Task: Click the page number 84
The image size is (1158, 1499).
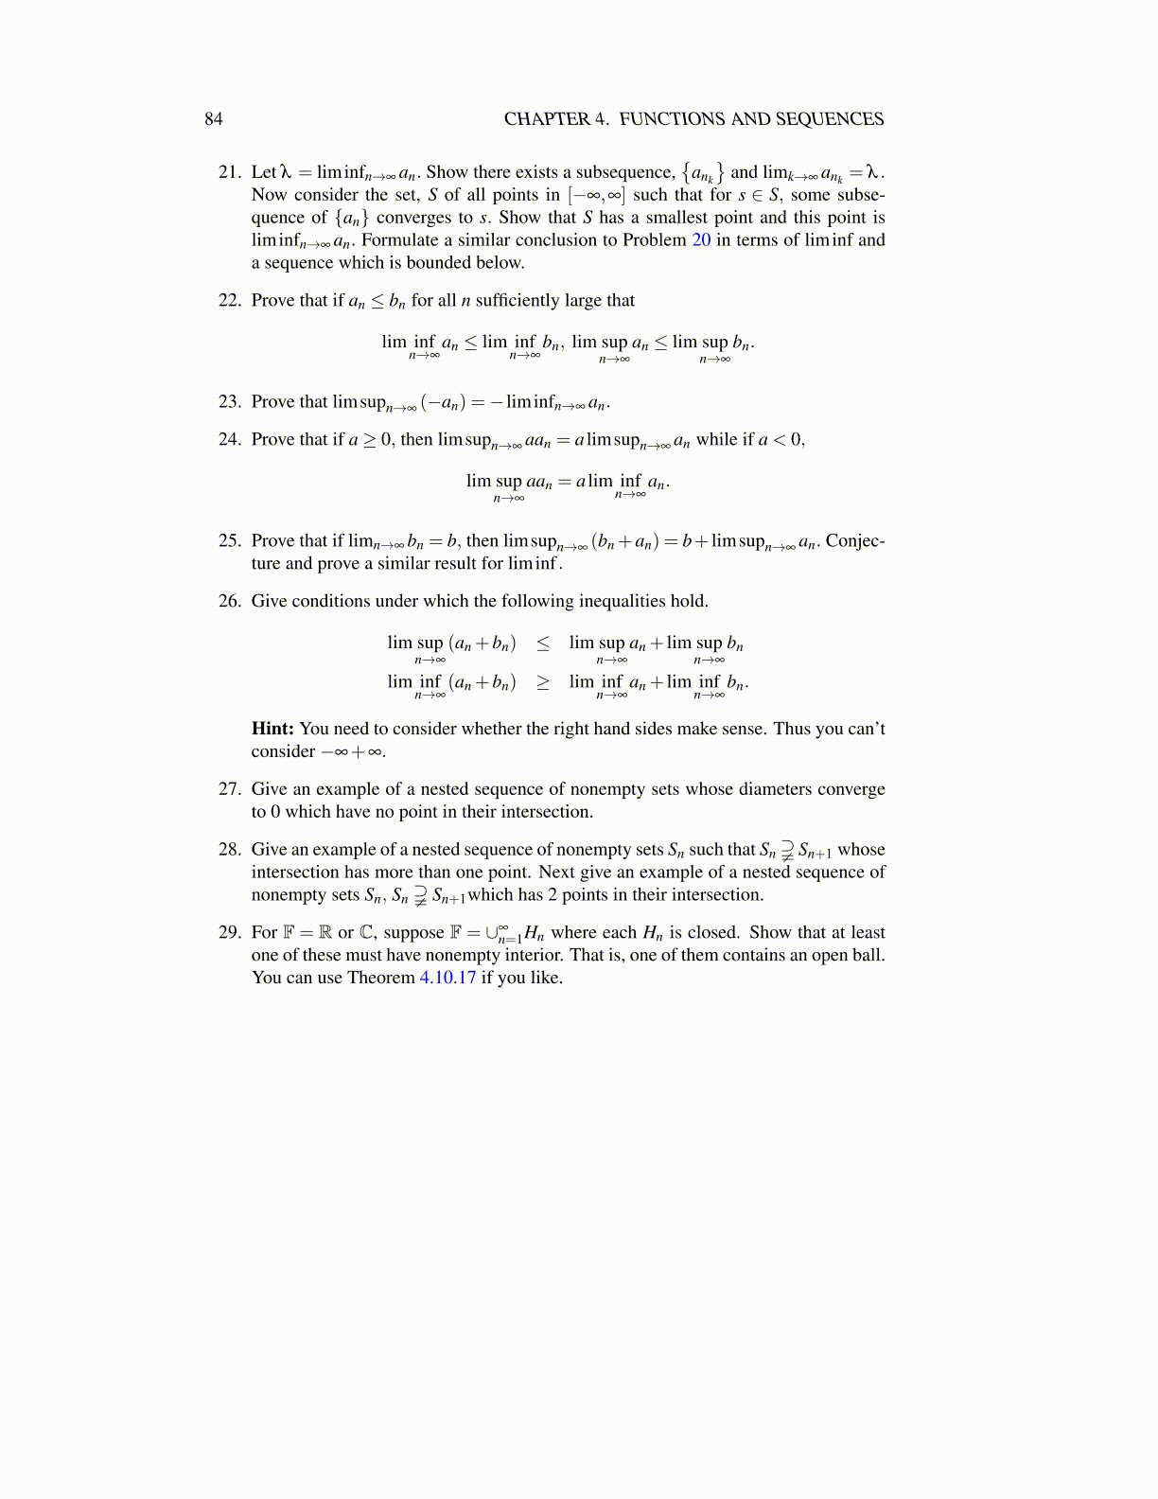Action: [214, 118]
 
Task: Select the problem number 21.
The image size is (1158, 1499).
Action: [229, 172]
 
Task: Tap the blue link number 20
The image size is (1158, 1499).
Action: [701, 240]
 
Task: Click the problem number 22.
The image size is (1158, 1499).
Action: [229, 301]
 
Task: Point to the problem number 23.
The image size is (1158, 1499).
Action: [229, 402]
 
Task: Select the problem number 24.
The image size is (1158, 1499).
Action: [229, 440]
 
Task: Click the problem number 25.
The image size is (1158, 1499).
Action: [229, 541]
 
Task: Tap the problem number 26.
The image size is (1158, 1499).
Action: [229, 602]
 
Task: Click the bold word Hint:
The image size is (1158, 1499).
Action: [272, 729]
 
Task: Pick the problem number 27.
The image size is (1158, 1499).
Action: [229, 789]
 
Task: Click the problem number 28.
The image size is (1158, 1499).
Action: [229, 850]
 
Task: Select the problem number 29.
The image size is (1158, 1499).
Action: [229, 933]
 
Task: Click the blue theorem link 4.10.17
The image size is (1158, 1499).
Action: [447, 979]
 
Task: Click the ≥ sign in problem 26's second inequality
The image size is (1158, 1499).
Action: [543, 682]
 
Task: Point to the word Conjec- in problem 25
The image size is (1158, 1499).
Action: [855, 541]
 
